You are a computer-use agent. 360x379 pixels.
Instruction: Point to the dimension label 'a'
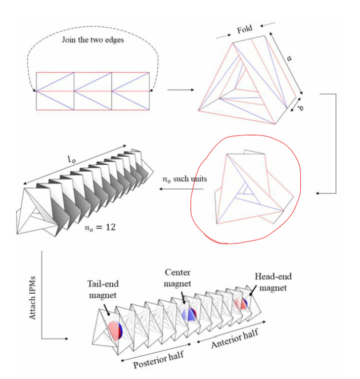pos(289,58)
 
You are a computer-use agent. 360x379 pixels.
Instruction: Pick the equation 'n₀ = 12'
pos(101,227)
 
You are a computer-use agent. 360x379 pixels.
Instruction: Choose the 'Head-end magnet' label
pos(273,281)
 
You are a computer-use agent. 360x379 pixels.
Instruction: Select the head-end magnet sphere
pos(242,304)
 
